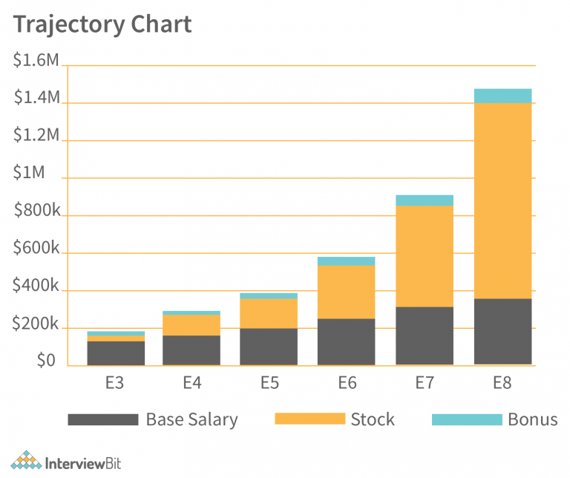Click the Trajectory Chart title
pos(102,24)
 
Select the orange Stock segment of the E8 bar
pos(502,200)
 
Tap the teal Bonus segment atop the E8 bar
pos(502,96)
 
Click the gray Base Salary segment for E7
pos(425,335)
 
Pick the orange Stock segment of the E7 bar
pos(425,256)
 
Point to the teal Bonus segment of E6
pos(346,261)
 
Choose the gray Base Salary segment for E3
pos(116,353)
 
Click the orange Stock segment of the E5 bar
pos(269,313)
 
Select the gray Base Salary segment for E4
pos(191,350)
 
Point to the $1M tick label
pos(29,173)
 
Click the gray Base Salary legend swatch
pos(102,419)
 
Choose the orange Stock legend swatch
pos(309,419)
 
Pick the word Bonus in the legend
pos(532,419)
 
